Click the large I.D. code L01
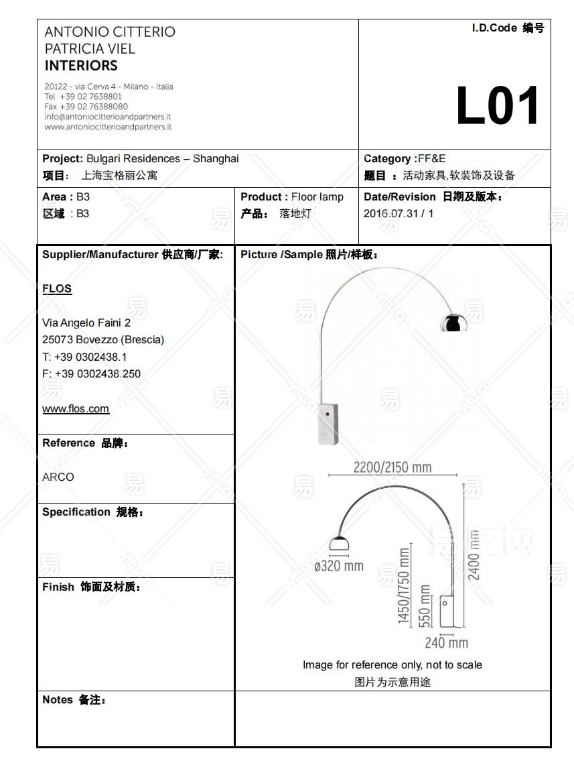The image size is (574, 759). pos(498,107)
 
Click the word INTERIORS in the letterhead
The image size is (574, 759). pos(81,66)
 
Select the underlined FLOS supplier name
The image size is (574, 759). pos(57,289)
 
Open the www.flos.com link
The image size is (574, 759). pos(76,409)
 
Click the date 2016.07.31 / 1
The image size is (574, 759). pos(399,214)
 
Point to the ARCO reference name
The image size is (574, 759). pos(58,477)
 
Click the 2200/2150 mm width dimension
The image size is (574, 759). pos(392,467)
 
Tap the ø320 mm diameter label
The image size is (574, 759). pos(339,566)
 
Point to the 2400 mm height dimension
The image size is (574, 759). pos(474,554)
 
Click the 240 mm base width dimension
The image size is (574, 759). pos(446,643)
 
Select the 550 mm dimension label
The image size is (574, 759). pos(425,605)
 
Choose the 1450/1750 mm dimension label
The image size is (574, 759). pos(404,586)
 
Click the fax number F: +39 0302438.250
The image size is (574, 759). pos(91,374)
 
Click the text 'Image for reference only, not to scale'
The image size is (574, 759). pos(392,665)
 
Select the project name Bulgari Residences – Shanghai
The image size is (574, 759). pos(163,159)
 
